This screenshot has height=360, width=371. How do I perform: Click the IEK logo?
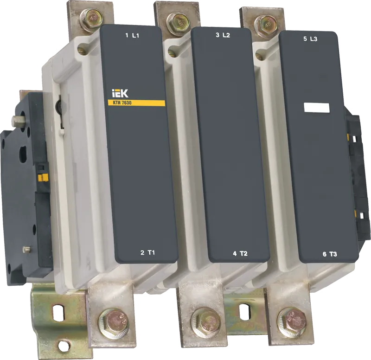[120, 93]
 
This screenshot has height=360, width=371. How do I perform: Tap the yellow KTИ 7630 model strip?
[136, 103]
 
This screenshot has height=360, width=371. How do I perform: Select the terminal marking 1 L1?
[132, 36]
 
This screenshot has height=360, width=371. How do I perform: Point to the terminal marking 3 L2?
[223, 36]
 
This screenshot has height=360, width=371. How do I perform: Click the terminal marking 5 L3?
[310, 39]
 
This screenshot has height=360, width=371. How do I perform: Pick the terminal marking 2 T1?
[147, 252]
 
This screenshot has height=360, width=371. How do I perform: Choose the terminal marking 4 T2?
[240, 253]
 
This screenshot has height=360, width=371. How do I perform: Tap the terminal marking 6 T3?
[330, 254]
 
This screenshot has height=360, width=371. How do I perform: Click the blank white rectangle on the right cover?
[317, 108]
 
